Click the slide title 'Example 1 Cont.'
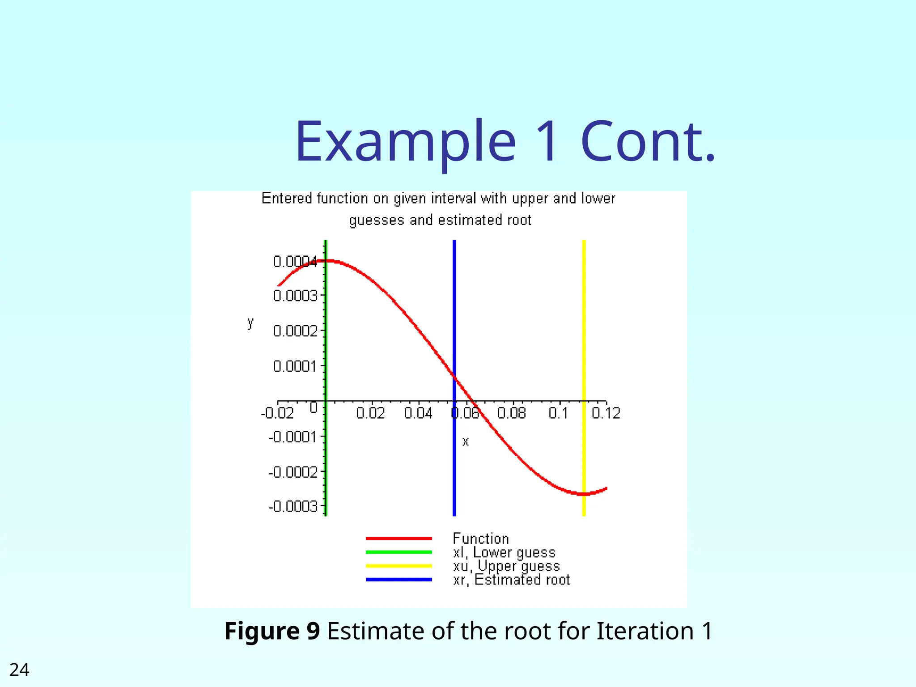click(x=505, y=141)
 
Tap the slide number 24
click(x=19, y=670)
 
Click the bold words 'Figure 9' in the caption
click(x=272, y=631)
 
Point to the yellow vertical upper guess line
click(x=584, y=340)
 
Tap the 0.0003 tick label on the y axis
click(x=295, y=296)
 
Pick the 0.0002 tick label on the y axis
click(x=295, y=331)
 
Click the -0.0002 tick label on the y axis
click(x=293, y=472)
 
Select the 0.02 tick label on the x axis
click(x=370, y=413)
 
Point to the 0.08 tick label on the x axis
click(x=512, y=413)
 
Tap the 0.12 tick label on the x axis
click(x=606, y=413)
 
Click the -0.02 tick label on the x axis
click(x=277, y=413)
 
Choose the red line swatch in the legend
click(x=399, y=539)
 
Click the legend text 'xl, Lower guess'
click(x=504, y=553)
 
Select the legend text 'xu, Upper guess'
click(x=506, y=567)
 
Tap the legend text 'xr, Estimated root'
click(x=511, y=580)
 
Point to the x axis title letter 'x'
click(x=465, y=442)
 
